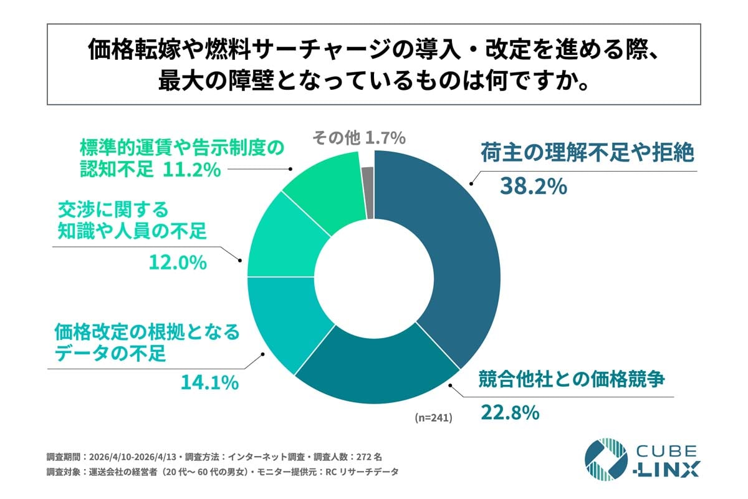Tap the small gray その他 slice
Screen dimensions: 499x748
pos(368,193)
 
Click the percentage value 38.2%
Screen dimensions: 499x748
pos(534,186)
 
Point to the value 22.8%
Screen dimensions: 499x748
pos(509,412)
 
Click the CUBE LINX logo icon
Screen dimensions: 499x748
pos(605,460)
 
